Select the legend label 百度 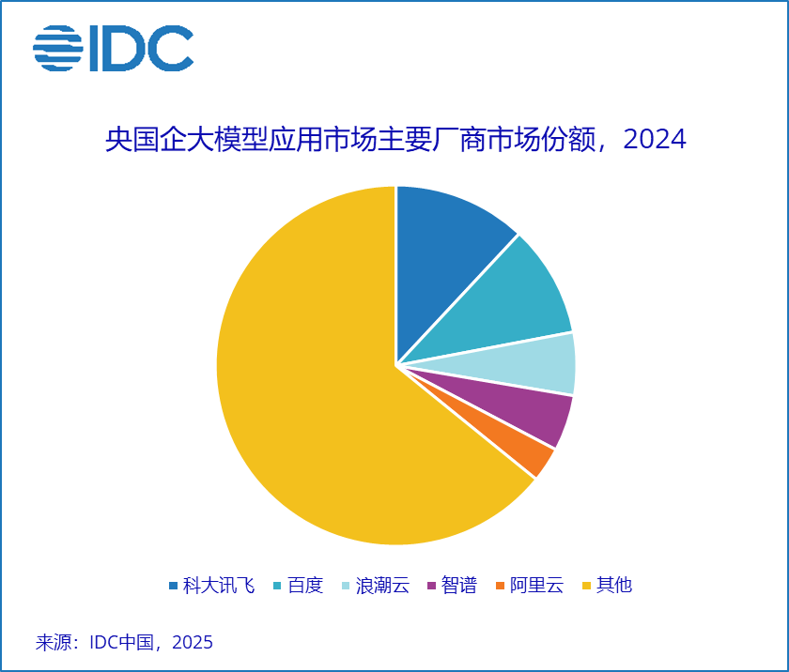tap(305, 586)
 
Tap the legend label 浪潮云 tap(383, 586)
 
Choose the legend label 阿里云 tap(537, 586)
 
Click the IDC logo tap(113, 48)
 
